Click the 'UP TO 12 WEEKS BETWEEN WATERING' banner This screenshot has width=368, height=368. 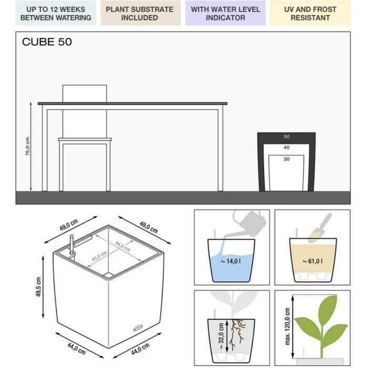click(x=56, y=13)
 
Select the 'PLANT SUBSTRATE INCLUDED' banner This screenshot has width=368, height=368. click(x=139, y=13)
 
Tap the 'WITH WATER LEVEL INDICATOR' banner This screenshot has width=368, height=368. click(x=225, y=13)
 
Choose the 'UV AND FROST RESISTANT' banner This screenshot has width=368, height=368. click(x=310, y=13)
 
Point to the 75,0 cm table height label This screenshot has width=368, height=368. click(x=28, y=146)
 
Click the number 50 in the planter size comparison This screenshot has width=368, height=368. click(x=287, y=137)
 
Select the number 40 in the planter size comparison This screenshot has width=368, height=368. click(x=287, y=148)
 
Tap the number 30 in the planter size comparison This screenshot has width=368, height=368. click(x=287, y=159)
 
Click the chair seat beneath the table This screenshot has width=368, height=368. click(x=85, y=140)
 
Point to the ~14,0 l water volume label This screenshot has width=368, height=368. click(x=231, y=261)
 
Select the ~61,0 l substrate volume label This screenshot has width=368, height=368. click(x=313, y=261)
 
